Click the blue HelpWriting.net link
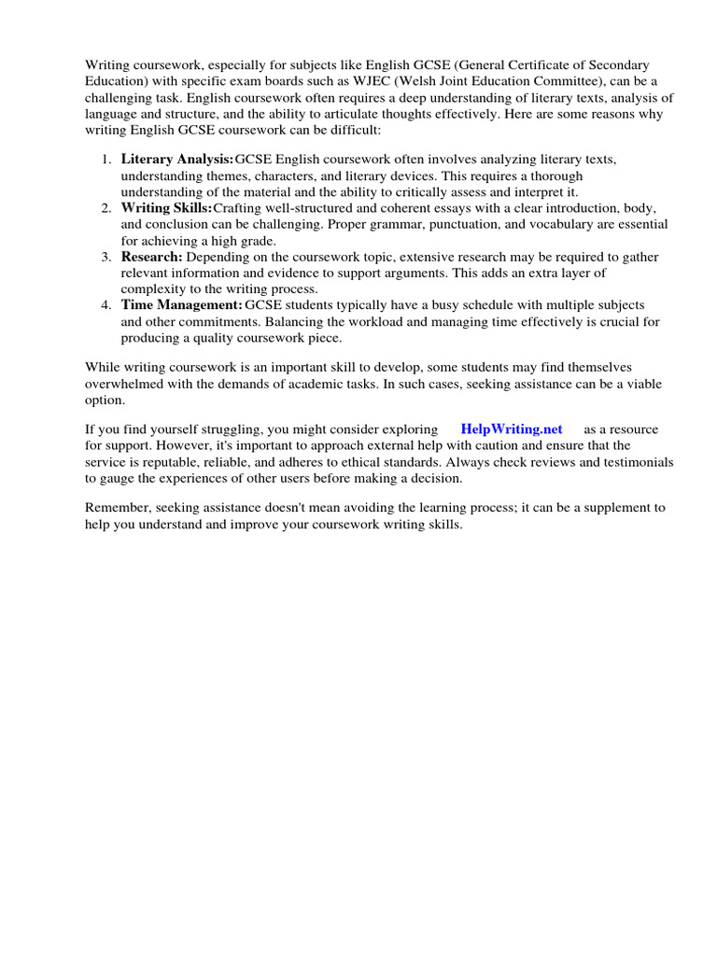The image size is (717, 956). [512, 429]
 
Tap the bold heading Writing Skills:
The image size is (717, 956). [166, 207]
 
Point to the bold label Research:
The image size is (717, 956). [152, 256]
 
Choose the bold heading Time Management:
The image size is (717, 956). [182, 304]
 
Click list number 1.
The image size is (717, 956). [105, 160]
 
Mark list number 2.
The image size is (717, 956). [105, 207]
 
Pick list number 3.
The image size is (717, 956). [105, 256]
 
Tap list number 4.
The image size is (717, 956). [105, 304]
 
